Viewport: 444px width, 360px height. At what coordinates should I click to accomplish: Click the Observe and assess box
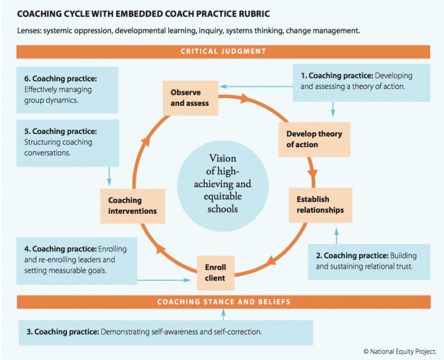coord(190,98)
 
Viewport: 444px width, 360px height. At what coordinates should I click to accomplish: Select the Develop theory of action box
coord(314,139)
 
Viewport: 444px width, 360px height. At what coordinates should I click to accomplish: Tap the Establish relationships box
coord(320,205)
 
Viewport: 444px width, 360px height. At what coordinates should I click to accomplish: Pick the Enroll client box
coord(216,273)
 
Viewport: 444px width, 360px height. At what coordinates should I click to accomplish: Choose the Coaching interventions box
coord(132,206)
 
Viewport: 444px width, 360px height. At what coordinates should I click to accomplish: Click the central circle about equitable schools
coord(223,186)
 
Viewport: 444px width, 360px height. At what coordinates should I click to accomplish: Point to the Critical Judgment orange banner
coord(223,52)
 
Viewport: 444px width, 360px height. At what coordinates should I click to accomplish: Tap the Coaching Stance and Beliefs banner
coord(224,302)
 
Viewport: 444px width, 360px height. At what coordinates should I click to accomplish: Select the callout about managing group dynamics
coord(68,90)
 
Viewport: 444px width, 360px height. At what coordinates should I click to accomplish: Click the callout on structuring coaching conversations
coord(68,143)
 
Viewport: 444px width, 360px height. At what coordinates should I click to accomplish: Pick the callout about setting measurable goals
coord(77,261)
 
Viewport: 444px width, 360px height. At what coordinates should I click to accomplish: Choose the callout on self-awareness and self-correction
coord(166,332)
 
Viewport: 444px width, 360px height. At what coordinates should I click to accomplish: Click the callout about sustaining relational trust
coord(369,262)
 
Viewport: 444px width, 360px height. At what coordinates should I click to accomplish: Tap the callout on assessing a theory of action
coord(361,83)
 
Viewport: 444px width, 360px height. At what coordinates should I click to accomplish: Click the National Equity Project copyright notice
coord(400,351)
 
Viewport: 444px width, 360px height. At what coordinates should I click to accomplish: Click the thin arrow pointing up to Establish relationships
coord(336,236)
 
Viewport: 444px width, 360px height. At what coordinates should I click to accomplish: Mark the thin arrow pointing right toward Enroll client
coord(164,280)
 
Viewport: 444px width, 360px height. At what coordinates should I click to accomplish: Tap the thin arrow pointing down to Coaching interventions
coord(109,176)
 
